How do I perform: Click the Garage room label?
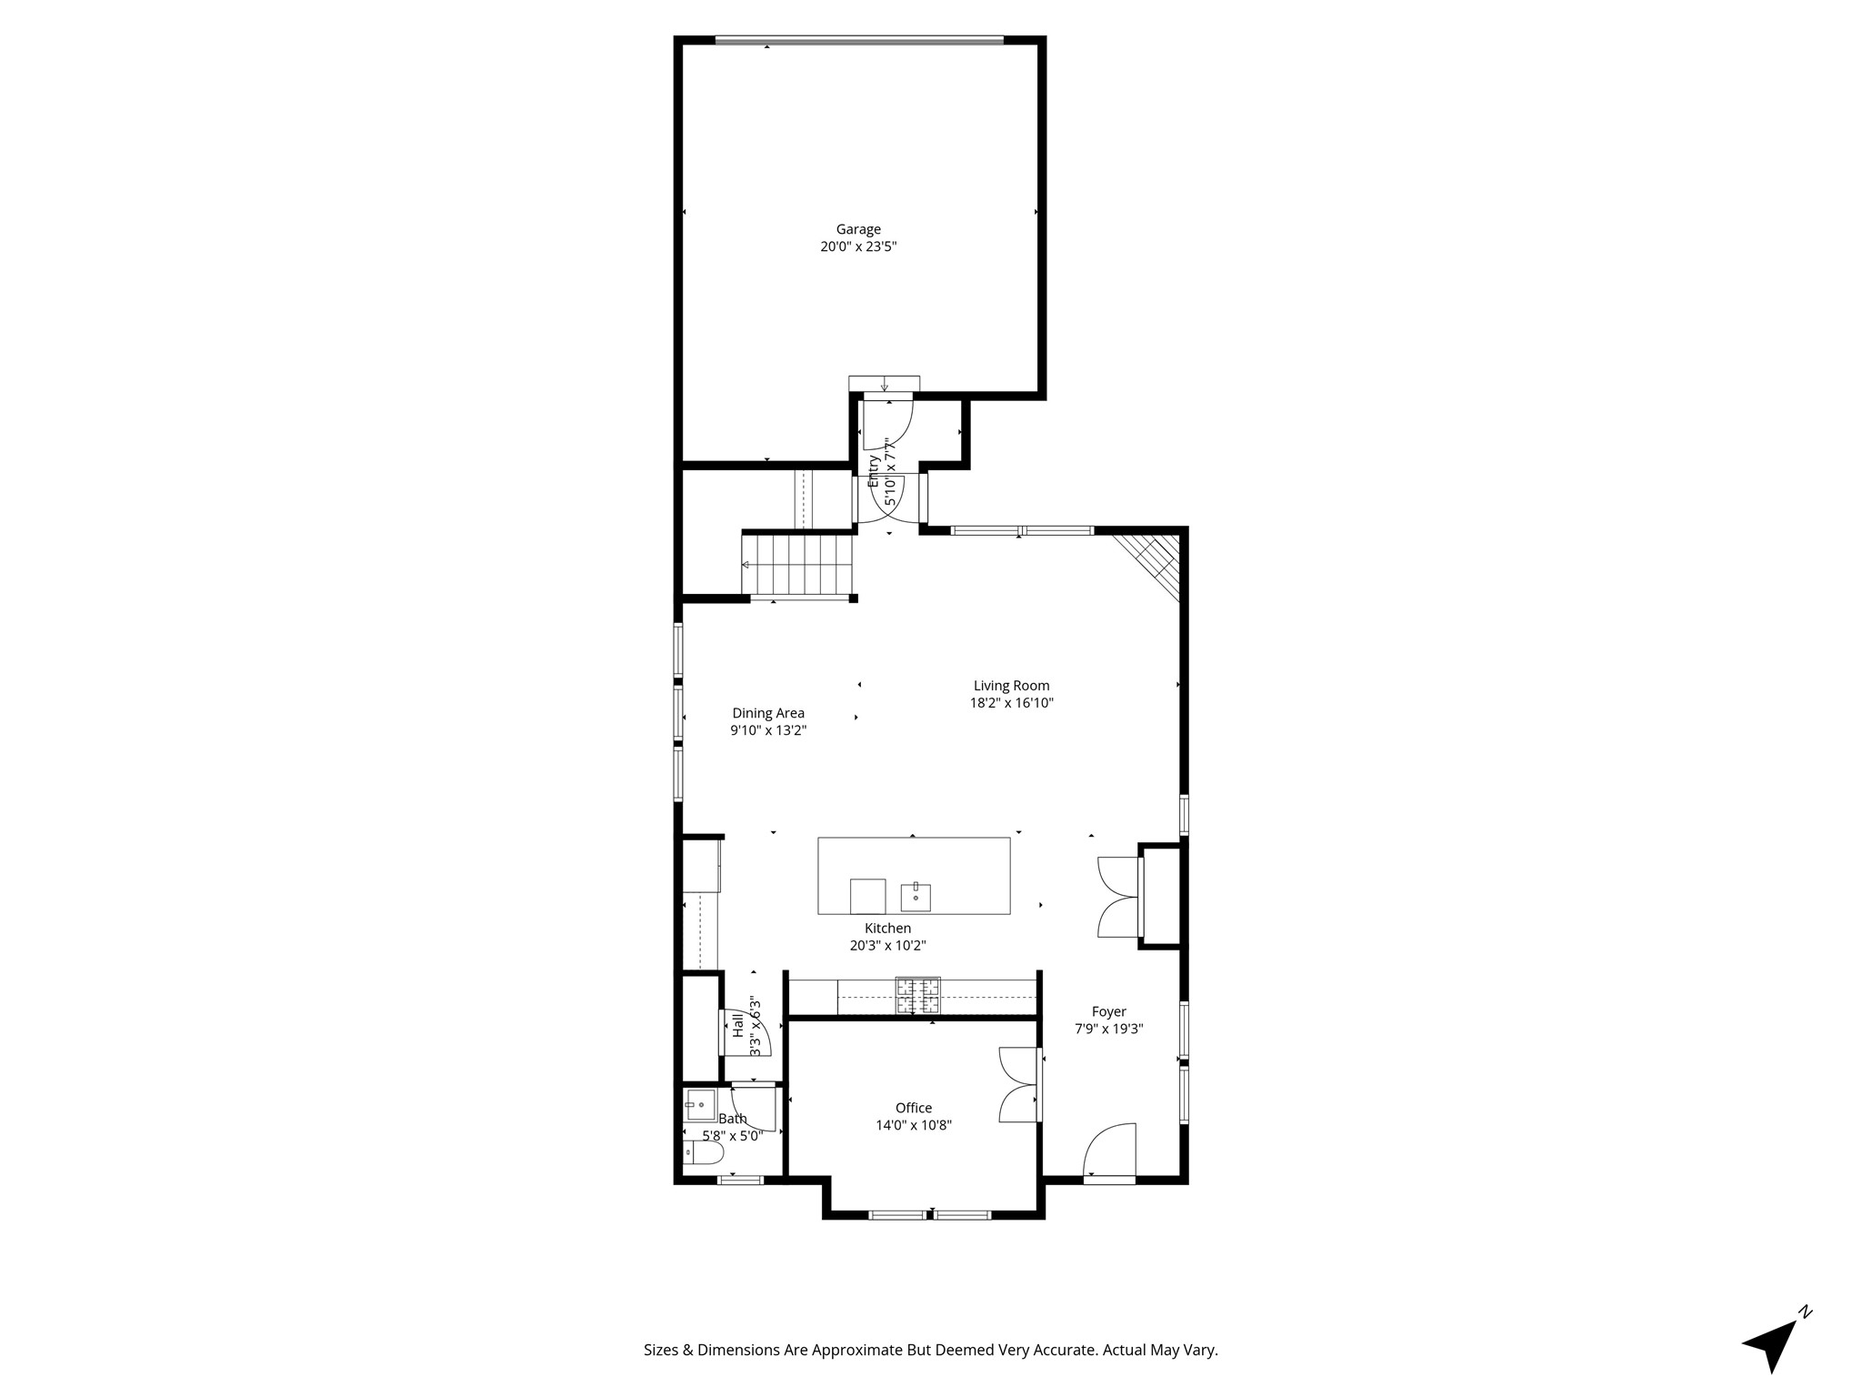(858, 229)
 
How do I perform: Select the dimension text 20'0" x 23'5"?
(858, 246)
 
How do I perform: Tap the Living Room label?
(1011, 686)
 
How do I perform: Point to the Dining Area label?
(768, 713)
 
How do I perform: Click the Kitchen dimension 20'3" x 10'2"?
(887, 945)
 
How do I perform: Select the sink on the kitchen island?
(916, 897)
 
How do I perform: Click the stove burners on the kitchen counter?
(918, 995)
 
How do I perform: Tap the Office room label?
(914, 1108)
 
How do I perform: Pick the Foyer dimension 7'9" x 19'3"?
(1108, 1029)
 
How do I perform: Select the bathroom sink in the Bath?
(700, 1105)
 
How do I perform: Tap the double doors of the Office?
(1018, 1085)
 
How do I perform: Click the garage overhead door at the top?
(858, 40)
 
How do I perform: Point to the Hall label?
(737, 1025)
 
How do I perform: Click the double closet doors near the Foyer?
(1118, 897)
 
